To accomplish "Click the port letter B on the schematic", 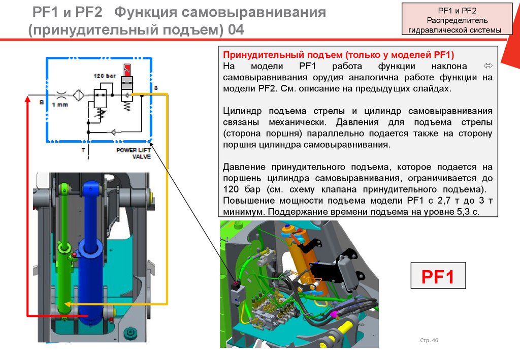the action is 42,102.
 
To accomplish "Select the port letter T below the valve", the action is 83,150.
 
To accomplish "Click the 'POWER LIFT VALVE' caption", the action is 134,153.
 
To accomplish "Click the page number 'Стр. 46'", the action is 429,340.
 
